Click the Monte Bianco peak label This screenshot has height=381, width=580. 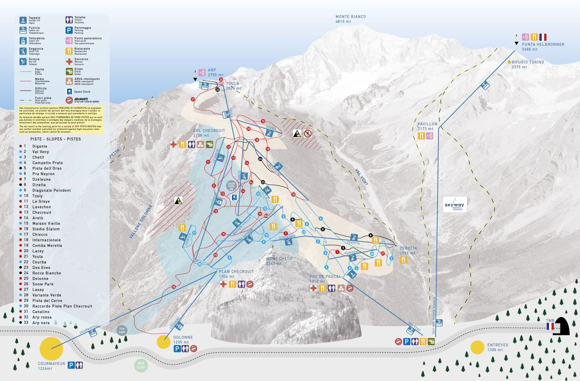[350, 19]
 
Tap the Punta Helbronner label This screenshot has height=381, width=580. [543, 47]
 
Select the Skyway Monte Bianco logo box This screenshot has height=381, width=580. [455, 204]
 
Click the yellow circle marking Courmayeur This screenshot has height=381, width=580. [51, 349]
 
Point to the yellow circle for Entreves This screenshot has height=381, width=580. [477, 347]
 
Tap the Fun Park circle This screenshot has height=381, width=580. [122, 330]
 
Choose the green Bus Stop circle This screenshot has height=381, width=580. [141, 366]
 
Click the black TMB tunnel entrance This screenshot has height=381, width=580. [561, 326]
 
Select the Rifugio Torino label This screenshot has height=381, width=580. [527, 64]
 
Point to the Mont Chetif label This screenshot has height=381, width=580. [279, 261]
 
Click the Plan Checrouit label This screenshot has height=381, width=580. [236, 274]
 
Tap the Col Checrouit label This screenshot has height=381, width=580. [209, 133]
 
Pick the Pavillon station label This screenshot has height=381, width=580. [427, 126]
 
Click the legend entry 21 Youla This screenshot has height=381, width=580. [37, 257]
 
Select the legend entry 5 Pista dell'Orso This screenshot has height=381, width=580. [47, 168]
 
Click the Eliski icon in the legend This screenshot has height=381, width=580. [69, 71]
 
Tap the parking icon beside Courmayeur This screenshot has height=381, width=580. [71, 365]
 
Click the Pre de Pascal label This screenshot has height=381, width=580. [325, 279]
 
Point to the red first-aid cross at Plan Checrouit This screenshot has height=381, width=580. [223, 284]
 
